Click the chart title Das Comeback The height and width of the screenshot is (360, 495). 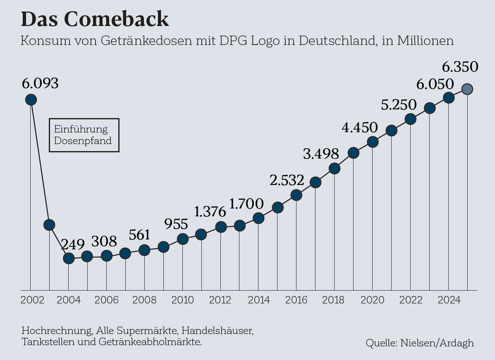95,19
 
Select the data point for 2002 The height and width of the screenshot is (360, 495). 31,100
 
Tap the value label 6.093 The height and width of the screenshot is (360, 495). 40,83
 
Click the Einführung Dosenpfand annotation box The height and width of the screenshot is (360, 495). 84,135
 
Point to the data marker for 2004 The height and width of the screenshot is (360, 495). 68,258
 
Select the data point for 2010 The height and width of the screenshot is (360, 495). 183,239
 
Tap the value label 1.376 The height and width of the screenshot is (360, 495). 210,212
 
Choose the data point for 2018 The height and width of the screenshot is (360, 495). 334,169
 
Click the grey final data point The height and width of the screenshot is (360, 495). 467,89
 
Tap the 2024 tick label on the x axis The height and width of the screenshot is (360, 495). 448,300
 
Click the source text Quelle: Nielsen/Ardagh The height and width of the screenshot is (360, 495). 420,343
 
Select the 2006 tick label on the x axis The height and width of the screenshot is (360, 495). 106,300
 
